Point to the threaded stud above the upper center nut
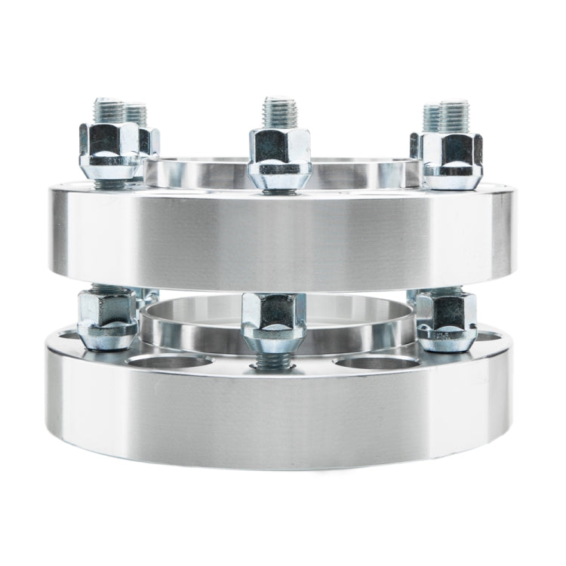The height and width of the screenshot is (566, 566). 280,112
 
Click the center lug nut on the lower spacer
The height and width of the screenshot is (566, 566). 274,321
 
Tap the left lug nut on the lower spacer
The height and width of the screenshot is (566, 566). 107,318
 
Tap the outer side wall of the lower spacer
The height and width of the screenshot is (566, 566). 279,415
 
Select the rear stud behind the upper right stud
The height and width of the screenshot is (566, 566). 432,116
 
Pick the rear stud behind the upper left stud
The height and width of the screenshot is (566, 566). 136,114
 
